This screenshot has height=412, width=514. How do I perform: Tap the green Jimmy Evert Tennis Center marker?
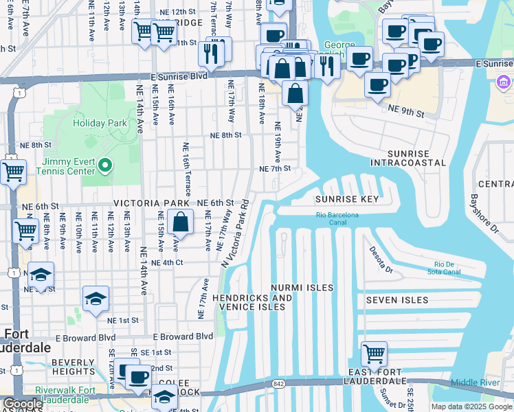[104, 165]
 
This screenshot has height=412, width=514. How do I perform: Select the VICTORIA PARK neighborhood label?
[150, 203]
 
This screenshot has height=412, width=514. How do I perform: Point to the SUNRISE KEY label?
[347, 199]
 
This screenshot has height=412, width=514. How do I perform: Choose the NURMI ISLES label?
[302, 288]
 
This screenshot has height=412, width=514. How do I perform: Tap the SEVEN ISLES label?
[396, 300]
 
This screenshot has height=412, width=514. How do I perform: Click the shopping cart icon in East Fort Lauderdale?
[374, 354]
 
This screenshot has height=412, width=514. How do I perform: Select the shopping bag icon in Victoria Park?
[180, 222]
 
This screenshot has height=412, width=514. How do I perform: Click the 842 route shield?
[278, 383]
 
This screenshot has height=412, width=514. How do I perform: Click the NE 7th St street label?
[275, 168]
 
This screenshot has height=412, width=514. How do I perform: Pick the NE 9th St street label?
[403, 108]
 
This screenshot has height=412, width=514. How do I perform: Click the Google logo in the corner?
[23, 404]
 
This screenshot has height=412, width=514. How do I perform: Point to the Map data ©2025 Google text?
[471, 407]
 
